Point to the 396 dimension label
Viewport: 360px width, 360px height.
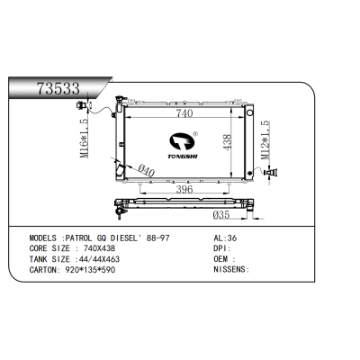(x=185, y=191)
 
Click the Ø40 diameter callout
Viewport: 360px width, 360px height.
(x=138, y=168)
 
